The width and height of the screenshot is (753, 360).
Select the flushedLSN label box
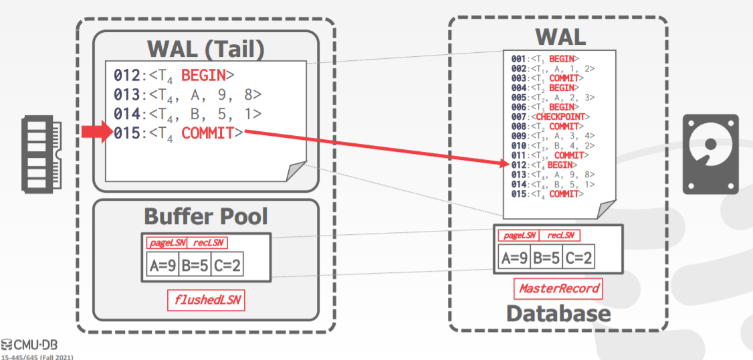coord(206,300)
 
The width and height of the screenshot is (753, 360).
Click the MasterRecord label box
coord(558,289)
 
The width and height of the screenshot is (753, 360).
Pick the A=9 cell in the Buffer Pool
coord(163,266)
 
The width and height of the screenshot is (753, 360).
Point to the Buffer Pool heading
coord(206,216)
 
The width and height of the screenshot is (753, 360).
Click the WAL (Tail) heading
coord(206,49)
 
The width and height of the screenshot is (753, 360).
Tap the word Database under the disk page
coord(558,314)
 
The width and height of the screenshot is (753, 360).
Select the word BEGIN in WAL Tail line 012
coord(203,74)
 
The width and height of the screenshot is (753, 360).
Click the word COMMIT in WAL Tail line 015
coord(207,132)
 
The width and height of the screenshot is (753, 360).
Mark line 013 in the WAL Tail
coord(187,94)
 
